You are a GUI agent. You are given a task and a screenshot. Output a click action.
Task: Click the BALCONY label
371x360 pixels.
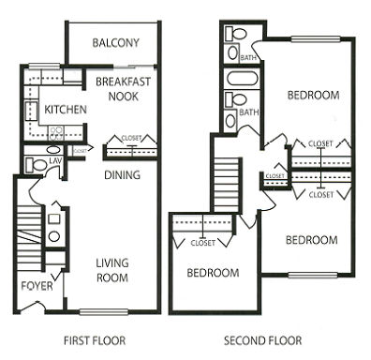coord(117,43)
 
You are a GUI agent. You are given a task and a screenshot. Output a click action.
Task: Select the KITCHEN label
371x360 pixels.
coord(65,110)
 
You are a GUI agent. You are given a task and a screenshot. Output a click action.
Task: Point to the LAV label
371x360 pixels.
coord(56,160)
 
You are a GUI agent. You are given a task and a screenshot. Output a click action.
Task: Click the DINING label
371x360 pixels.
coord(122,174)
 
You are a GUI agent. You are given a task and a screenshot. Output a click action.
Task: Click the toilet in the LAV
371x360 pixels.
coord(36,166)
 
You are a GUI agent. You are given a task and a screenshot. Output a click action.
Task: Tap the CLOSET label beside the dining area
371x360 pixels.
coord(132,138)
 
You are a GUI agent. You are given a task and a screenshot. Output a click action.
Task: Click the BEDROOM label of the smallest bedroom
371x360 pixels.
coord(212,274)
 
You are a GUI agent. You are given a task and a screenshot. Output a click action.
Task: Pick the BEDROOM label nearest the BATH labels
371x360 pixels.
coord(311,95)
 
